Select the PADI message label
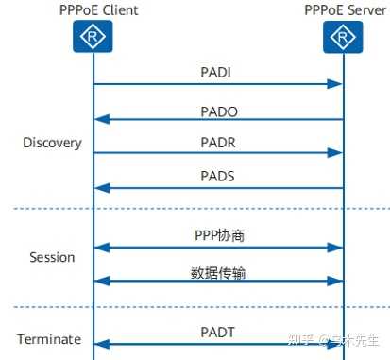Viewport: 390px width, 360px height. tap(216, 73)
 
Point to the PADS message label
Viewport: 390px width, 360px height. tap(216, 176)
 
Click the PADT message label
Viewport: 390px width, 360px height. tap(216, 331)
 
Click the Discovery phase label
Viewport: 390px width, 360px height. tap(52, 144)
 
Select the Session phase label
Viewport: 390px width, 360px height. tap(52, 256)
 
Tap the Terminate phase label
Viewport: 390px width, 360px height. tap(49, 339)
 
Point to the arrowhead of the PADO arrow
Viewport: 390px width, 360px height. tap(100, 119)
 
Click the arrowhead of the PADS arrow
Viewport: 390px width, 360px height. tap(100, 187)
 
